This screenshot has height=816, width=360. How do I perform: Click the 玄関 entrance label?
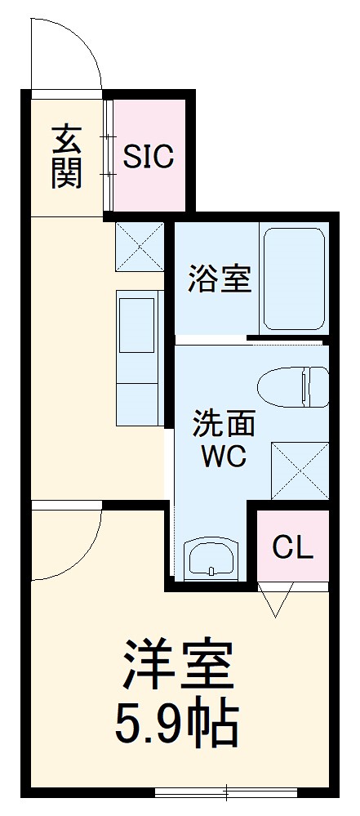click(66, 157)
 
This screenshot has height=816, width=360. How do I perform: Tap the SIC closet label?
click(149, 157)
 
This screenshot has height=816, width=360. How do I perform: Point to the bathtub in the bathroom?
click(294, 278)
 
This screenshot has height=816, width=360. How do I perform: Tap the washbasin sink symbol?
click(211, 560)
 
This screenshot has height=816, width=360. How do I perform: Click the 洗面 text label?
click(224, 425)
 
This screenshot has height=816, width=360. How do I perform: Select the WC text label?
click(224, 457)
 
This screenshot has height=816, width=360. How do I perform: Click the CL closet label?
click(292, 547)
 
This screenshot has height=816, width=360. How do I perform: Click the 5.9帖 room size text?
click(179, 723)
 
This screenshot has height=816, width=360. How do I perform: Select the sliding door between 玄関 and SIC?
click(108, 157)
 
